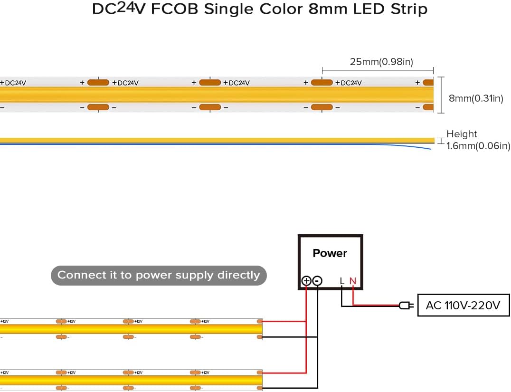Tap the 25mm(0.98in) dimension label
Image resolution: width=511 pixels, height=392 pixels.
point(381,62)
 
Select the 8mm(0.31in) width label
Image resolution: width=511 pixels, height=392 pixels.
point(475,98)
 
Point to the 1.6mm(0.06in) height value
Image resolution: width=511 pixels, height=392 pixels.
point(478,146)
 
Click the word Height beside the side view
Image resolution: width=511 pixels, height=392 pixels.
point(462,134)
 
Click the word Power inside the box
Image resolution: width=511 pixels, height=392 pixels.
point(330,253)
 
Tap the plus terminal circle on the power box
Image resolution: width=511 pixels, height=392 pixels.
point(306,281)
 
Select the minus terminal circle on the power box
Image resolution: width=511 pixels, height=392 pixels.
point(317,281)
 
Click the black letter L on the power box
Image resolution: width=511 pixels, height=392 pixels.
point(342,281)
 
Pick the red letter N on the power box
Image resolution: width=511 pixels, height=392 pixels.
point(352,281)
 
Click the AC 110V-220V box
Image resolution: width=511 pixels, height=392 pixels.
point(463,305)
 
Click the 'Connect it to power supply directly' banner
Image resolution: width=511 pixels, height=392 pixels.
point(159,275)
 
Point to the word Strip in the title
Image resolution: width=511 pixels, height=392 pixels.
point(410,10)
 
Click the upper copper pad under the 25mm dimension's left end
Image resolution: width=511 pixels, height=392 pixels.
point(322,83)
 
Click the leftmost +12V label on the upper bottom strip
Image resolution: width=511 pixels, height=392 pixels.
point(4,322)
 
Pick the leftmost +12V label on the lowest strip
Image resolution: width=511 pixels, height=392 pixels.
point(4,373)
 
